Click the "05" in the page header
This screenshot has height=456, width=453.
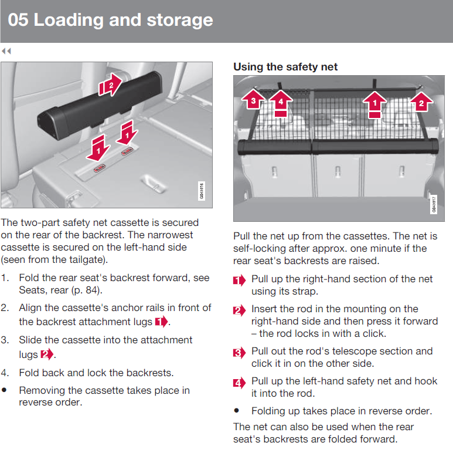18,20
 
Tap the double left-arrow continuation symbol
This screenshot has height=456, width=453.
6,51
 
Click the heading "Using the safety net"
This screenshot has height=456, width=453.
285,67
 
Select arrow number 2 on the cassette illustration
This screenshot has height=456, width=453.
110,85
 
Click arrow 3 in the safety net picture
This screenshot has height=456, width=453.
253,100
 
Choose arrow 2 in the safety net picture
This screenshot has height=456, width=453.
421,102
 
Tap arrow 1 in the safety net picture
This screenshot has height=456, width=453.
374,104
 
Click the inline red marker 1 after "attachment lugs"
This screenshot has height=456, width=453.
162,322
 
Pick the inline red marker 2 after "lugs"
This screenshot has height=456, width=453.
47,354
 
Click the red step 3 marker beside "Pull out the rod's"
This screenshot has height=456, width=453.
240,353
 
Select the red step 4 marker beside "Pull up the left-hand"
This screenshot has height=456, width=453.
240,383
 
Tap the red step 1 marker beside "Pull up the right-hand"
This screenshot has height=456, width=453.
240,281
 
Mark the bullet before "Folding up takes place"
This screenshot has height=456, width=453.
237,411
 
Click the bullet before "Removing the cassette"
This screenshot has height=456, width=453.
4,390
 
